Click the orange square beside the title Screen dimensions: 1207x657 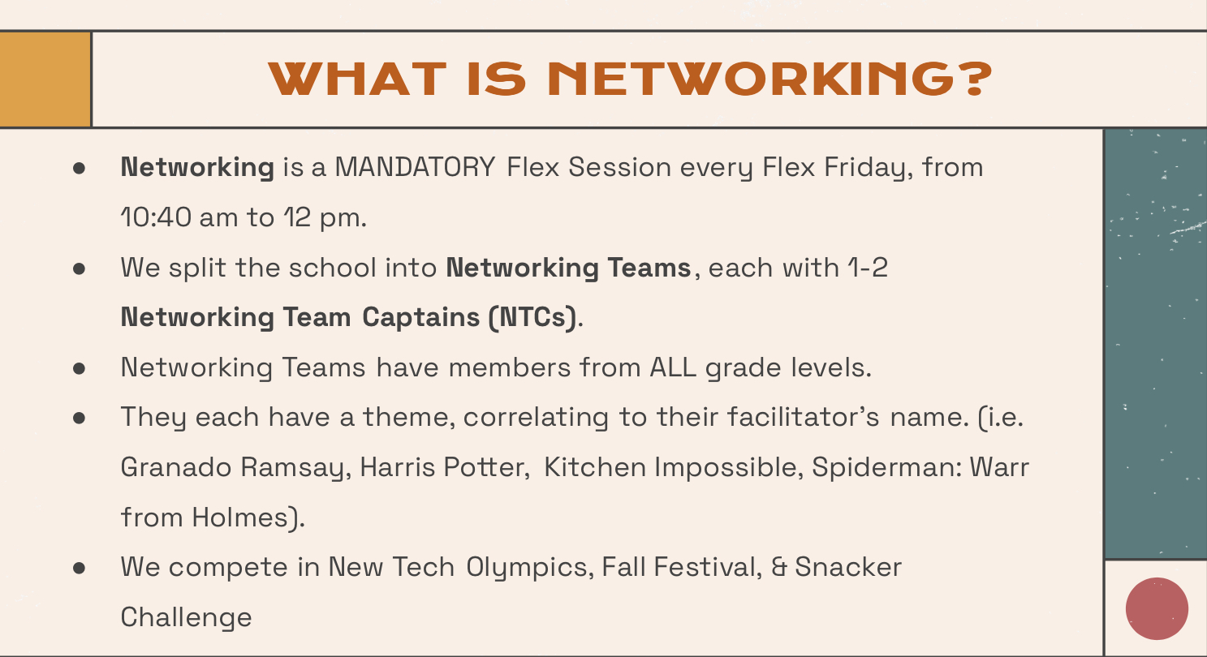pyautogui.click(x=45, y=79)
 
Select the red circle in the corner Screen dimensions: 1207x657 pyautogui.click(x=1157, y=608)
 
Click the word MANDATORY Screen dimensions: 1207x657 pyautogui.click(x=415, y=167)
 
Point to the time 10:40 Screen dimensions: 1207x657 pyautogui.click(x=156, y=217)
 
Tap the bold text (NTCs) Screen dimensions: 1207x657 pyautogui.click(x=532, y=317)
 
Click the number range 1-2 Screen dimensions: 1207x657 pyautogui.click(x=867, y=268)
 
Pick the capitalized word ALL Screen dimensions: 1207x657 pyautogui.click(x=673, y=367)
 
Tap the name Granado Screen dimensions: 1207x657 pyautogui.click(x=176, y=467)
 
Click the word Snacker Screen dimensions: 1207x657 pyautogui.click(x=848, y=567)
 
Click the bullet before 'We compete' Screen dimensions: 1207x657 pyautogui.click(x=80, y=568)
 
